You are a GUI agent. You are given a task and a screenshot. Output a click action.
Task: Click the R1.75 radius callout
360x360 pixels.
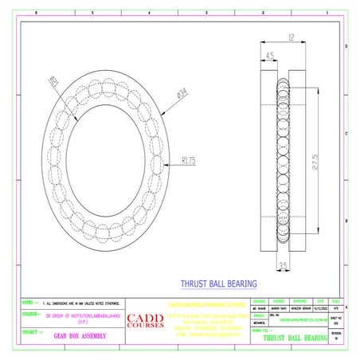[x=189, y=159]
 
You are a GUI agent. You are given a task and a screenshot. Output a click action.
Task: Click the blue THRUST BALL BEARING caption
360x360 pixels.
[x=219, y=283]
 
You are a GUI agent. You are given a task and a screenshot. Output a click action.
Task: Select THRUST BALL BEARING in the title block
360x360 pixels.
[x=295, y=338]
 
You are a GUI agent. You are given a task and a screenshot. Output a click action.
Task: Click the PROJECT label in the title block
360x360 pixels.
[x=31, y=331]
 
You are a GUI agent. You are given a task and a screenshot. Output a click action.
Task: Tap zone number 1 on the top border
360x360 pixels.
[x=325, y=14]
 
